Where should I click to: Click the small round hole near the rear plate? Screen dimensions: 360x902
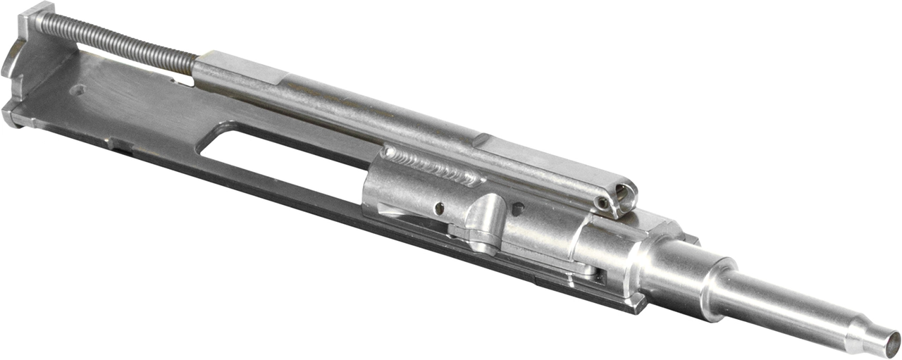click(80, 90)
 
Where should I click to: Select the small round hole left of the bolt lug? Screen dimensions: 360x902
click(439, 207)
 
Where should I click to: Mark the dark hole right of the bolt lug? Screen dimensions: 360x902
click(518, 209)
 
